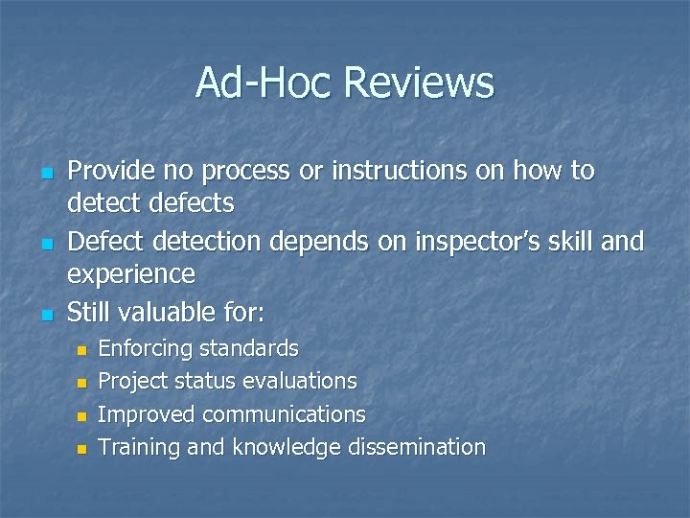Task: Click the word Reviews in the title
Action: click(x=419, y=82)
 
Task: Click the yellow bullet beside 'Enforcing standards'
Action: click(x=81, y=350)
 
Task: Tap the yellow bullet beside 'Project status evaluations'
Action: click(x=81, y=383)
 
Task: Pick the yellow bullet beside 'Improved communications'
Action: click(x=81, y=416)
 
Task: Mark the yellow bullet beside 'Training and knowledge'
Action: click(x=81, y=449)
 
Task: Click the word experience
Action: click(x=130, y=275)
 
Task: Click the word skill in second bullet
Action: click(x=578, y=242)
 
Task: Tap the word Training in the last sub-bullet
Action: click(x=135, y=447)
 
